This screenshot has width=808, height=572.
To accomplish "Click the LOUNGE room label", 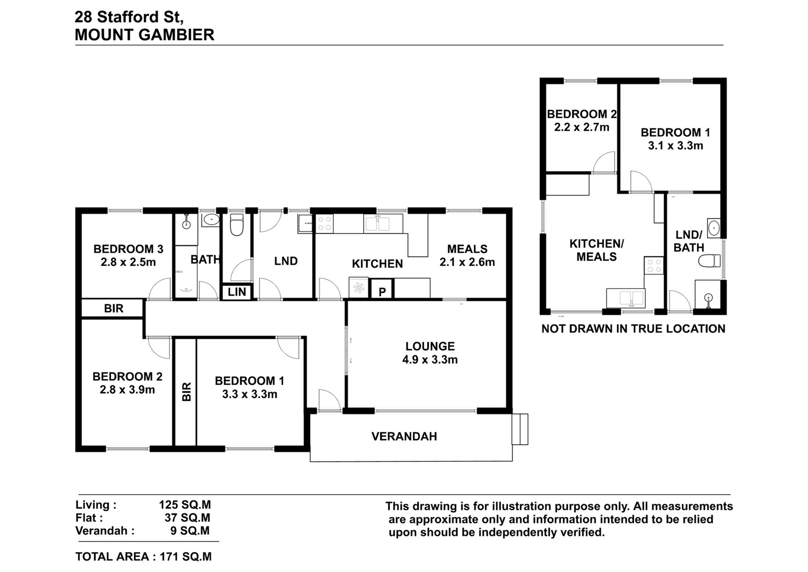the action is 430,347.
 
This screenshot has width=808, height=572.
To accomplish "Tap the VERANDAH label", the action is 404,436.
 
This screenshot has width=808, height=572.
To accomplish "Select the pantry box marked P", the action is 382,289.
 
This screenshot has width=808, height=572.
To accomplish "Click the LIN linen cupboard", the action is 237,292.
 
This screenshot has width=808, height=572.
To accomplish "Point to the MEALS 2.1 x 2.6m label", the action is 467,256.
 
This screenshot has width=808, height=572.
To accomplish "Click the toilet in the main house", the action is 237,224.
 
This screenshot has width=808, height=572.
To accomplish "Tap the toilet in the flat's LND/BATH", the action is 709,261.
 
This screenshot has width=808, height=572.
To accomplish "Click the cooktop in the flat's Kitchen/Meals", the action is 653,266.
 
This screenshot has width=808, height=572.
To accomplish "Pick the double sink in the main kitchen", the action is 378,223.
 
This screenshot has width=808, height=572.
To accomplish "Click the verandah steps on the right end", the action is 520,429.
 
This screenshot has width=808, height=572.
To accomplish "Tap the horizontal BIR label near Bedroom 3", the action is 114,309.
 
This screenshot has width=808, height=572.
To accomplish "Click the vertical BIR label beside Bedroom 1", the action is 186,392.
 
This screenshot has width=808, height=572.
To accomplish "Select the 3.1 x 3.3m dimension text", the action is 675,146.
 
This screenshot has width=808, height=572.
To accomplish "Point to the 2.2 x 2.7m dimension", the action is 581,127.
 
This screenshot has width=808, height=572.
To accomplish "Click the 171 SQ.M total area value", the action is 186,557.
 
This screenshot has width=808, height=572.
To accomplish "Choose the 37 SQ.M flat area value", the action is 187,518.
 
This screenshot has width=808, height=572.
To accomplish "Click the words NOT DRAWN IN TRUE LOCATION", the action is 633,329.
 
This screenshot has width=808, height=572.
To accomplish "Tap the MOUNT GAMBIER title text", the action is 144,35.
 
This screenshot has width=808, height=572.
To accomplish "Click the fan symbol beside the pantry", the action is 359,288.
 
